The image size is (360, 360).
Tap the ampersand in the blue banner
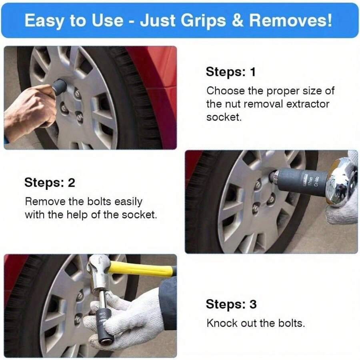(x=238, y=20)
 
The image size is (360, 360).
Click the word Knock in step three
(x=221, y=323)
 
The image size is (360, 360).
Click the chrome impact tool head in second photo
(x=340, y=180)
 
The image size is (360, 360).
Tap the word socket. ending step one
(x=224, y=117)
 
